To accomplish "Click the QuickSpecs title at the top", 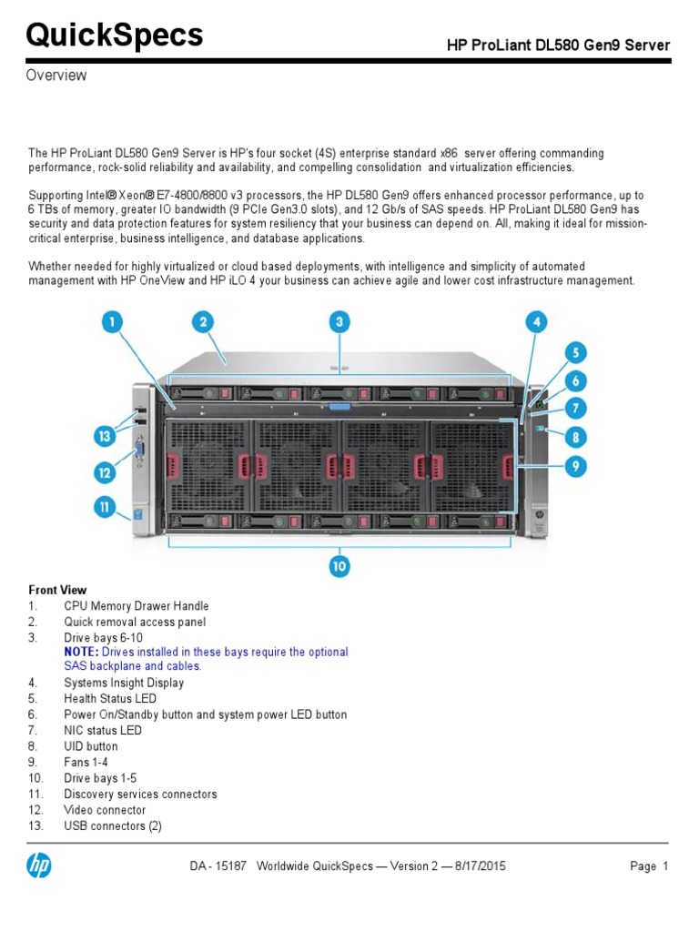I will click(x=115, y=35).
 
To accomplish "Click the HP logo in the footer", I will click(x=39, y=866).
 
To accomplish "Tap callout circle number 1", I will click(x=113, y=322).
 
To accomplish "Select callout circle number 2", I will click(x=203, y=322).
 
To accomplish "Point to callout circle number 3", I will click(x=339, y=322).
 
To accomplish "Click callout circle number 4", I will click(x=537, y=322).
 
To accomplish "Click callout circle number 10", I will click(x=339, y=566).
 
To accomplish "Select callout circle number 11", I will click(x=106, y=507).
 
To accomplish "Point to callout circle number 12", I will click(x=106, y=471).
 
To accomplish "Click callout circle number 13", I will click(x=106, y=437).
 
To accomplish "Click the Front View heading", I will click(x=58, y=590).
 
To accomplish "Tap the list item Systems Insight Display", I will click(x=124, y=683).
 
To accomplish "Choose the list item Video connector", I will click(x=105, y=810).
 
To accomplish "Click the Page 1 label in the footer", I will click(x=649, y=866).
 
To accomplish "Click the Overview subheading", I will click(x=56, y=76).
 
